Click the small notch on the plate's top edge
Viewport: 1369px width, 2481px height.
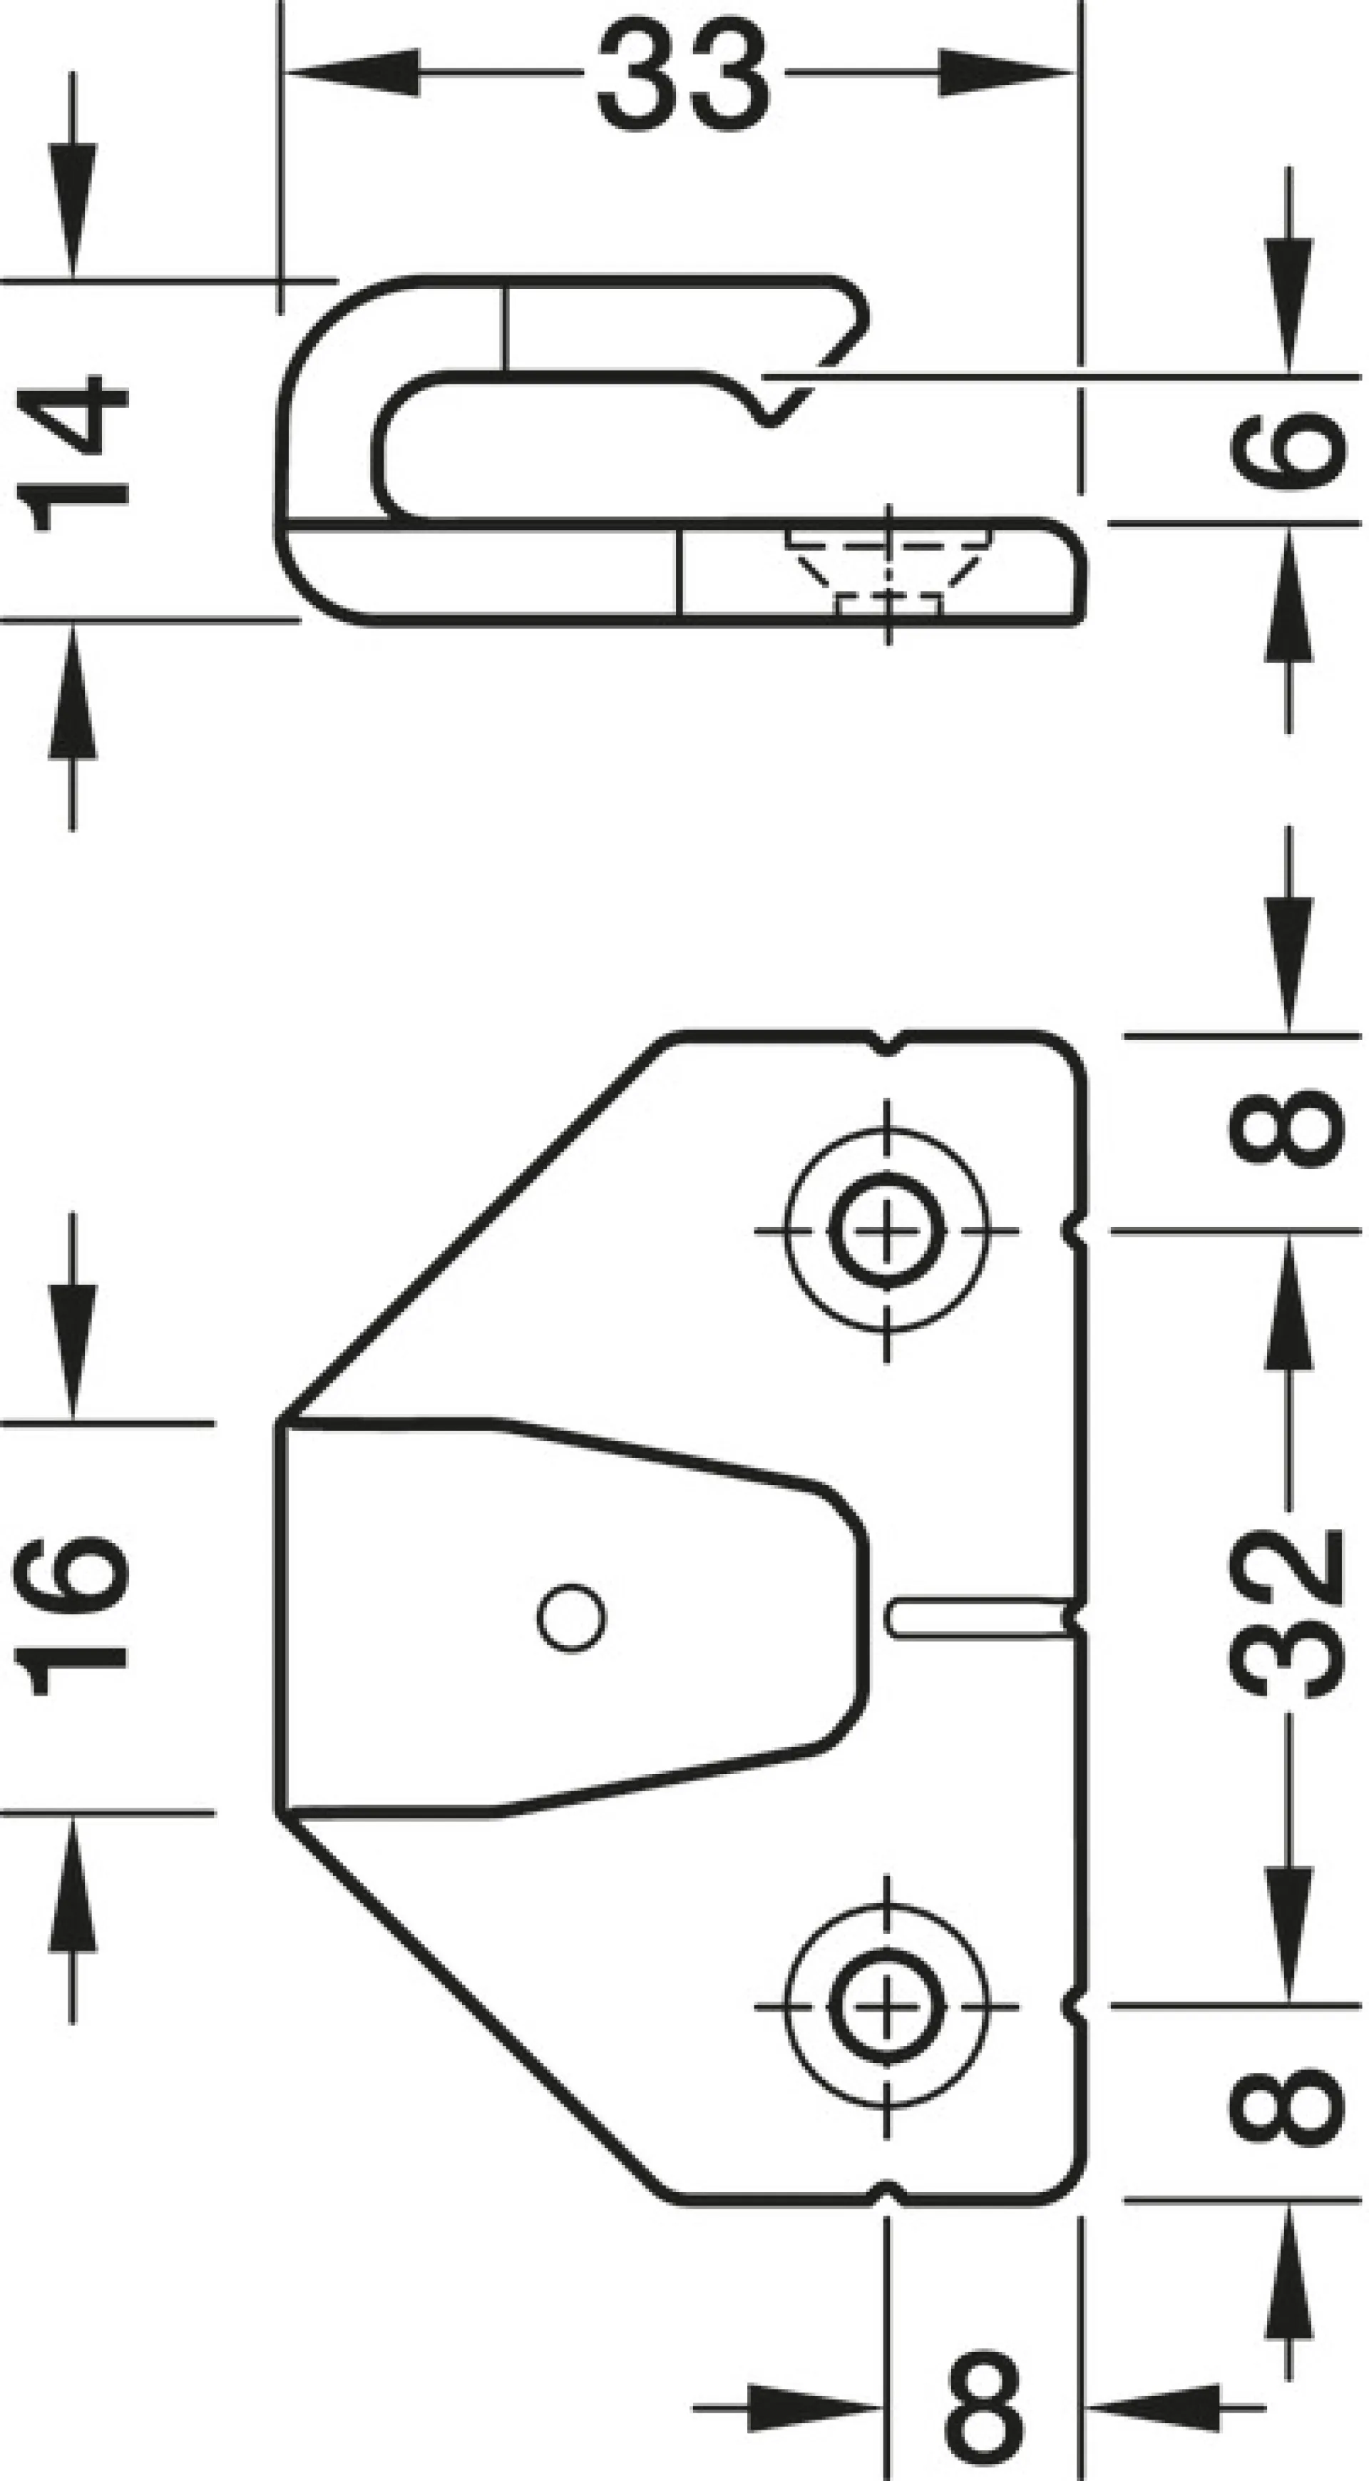point(887,1042)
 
